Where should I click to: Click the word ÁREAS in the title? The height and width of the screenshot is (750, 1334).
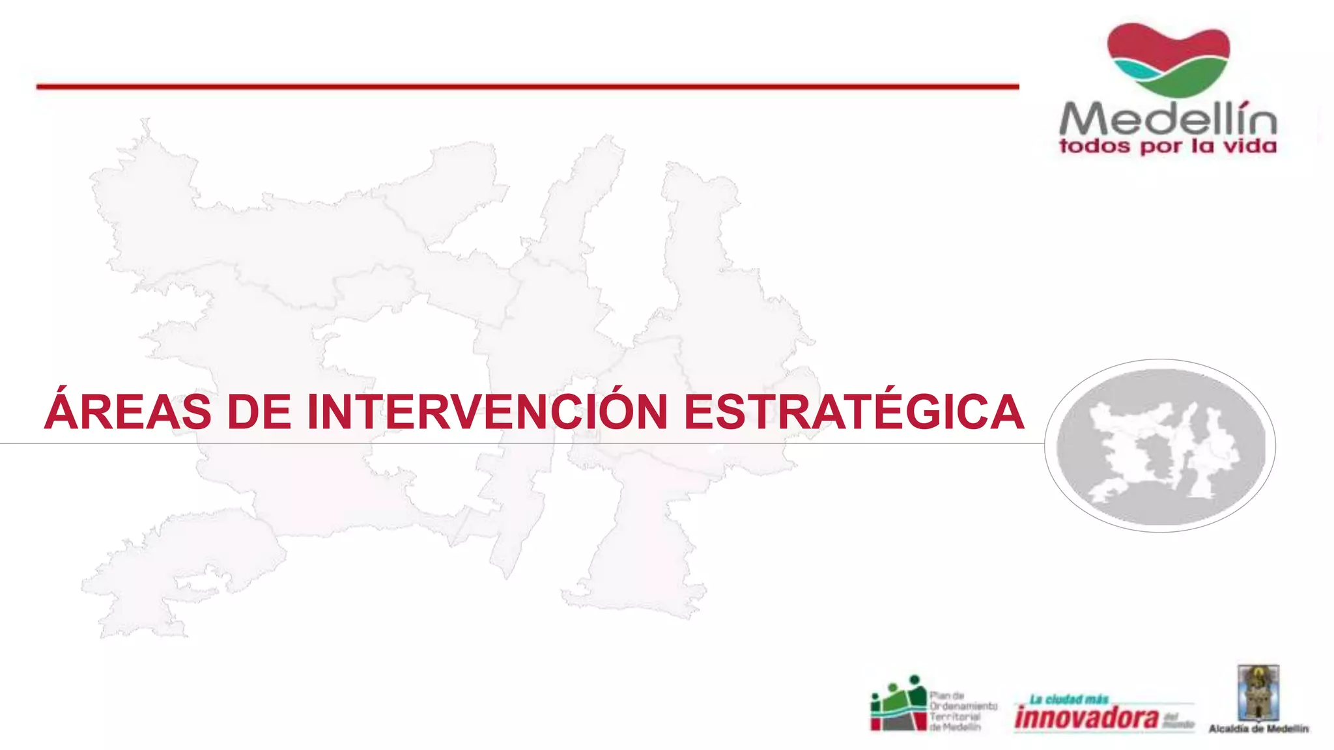[128, 411]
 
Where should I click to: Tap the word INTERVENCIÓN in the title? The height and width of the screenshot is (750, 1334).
[487, 411]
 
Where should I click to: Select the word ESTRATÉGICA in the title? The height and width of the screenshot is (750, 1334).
[853, 411]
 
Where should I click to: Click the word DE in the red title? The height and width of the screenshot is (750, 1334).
[259, 411]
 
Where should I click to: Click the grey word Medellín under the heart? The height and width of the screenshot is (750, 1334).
[1168, 119]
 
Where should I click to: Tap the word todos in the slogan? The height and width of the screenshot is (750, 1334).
[1095, 146]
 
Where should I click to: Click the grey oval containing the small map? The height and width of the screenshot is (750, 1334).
[1160, 446]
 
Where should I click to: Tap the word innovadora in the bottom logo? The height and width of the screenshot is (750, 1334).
[1086, 718]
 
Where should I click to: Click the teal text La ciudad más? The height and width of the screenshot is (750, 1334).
[1069, 700]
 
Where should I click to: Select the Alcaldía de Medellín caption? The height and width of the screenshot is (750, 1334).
[1258, 729]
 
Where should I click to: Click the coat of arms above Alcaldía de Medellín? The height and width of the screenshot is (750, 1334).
[1258, 693]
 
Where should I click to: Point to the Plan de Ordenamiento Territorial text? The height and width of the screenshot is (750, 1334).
[962, 711]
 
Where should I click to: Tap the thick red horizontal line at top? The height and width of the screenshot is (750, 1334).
[528, 86]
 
